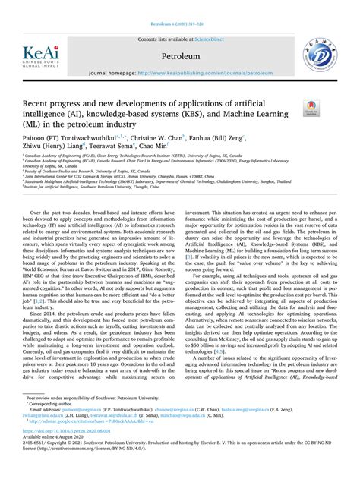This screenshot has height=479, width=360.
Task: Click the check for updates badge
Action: click(x=311, y=109)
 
